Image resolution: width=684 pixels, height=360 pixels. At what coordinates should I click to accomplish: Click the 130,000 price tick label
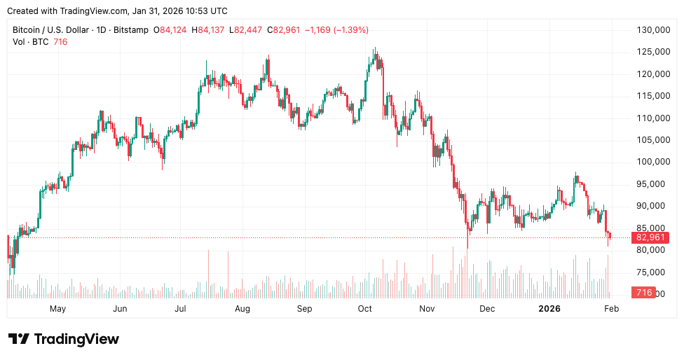point(649,30)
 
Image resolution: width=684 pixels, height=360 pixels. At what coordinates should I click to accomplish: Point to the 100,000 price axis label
point(649,162)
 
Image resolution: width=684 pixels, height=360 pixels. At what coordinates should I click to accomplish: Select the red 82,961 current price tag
point(651,237)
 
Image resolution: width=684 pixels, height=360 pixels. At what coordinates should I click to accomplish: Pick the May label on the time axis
point(57,308)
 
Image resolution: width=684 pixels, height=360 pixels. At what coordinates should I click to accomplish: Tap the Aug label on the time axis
point(242,308)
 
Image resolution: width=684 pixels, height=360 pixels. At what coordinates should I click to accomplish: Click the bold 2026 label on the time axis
point(549,308)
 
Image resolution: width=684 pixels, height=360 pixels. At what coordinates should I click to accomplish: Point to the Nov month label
point(427,308)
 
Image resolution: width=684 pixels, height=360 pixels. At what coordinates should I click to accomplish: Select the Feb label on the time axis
point(611,308)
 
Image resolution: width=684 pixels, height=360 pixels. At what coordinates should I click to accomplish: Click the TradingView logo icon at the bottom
point(19,339)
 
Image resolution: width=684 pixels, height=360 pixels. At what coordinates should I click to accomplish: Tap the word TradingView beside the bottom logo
point(76,339)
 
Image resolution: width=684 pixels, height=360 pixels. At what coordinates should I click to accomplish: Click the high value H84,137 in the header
point(211,30)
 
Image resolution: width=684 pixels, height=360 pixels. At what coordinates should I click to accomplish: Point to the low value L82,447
point(249,30)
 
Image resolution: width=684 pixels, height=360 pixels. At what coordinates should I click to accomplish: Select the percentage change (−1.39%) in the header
point(350,30)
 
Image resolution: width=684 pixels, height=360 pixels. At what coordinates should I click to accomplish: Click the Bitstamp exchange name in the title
point(138,30)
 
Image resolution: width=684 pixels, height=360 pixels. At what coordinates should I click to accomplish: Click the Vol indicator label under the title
point(19,42)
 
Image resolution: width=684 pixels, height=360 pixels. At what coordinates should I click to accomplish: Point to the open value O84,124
point(173,30)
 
